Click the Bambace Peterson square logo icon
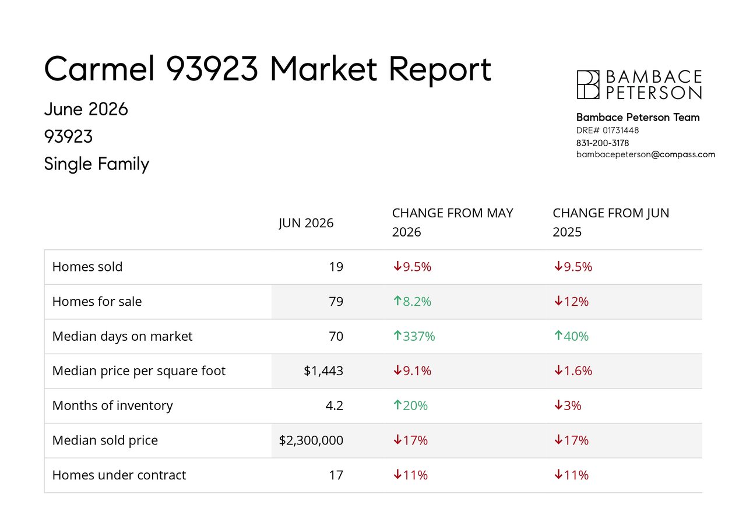(x=588, y=84)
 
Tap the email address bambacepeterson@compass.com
(x=645, y=155)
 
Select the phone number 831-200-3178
(x=603, y=143)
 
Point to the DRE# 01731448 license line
(x=607, y=130)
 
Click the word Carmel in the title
(x=100, y=69)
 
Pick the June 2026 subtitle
(x=86, y=109)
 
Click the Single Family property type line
(x=97, y=164)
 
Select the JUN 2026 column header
(x=306, y=223)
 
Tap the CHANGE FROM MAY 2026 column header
(x=453, y=223)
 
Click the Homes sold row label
(x=87, y=267)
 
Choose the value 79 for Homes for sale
(x=336, y=301)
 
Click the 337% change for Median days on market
(x=414, y=336)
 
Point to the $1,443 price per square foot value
(x=323, y=371)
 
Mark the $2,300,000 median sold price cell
(x=311, y=440)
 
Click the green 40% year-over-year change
(x=572, y=336)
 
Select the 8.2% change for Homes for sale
(x=412, y=301)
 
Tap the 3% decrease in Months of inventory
(x=568, y=405)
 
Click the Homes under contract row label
(x=119, y=475)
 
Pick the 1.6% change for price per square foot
(x=573, y=371)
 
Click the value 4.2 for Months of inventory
(x=335, y=405)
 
